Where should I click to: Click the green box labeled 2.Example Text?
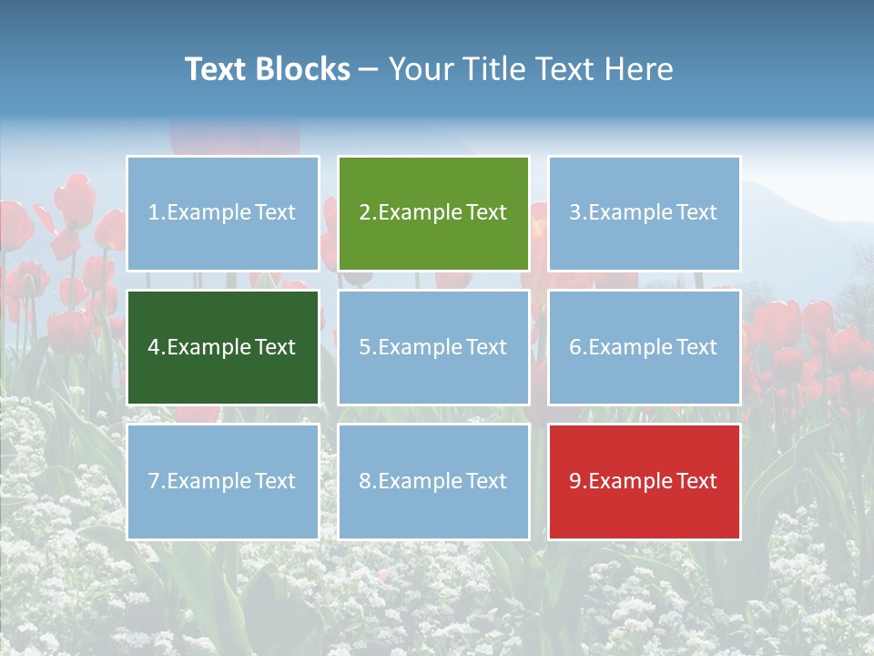433,213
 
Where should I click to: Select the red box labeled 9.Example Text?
644,481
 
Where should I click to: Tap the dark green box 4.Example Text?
223,347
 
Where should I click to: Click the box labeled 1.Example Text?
223,213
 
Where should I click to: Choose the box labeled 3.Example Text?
644,213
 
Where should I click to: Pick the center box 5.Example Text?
433,347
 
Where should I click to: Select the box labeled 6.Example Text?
644,347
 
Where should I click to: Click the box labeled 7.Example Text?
223,481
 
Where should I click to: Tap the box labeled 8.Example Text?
433,481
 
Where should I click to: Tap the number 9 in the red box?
575,482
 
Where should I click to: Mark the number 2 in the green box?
365,213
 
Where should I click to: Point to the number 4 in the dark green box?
154,348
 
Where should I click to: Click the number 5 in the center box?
365,348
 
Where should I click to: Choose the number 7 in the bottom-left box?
154,482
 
